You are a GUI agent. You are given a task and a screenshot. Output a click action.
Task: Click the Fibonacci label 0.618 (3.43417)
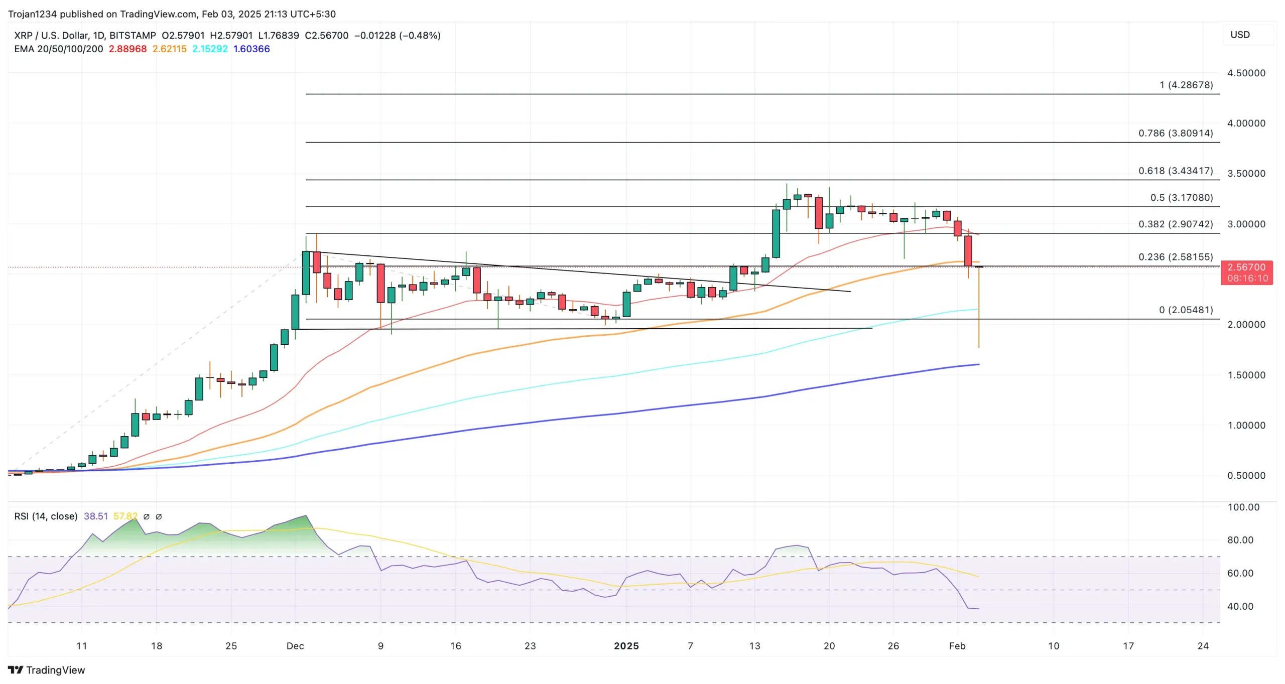[1175, 171]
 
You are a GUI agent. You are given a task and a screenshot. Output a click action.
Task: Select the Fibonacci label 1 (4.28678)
[1186, 85]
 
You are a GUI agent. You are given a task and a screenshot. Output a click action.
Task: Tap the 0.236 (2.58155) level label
[1175, 257]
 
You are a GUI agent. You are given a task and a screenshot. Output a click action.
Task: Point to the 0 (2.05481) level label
[1186, 310]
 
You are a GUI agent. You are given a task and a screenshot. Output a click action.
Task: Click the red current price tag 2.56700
[1246, 267]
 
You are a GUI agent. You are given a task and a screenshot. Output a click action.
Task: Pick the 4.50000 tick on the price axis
[1246, 73]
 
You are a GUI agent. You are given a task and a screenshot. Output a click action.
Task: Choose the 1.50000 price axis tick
[1246, 375]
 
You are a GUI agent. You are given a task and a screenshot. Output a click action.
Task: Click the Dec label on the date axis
[295, 646]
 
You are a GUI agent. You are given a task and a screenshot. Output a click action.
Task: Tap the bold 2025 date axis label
[626, 646]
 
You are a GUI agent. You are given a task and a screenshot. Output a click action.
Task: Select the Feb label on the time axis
[957, 646]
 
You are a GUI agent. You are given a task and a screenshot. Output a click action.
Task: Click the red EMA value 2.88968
[127, 49]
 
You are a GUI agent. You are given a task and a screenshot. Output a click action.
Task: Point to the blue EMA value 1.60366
[251, 49]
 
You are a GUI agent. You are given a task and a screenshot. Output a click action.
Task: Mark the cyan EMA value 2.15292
[210, 49]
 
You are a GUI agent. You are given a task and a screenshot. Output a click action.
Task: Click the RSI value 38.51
[95, 516]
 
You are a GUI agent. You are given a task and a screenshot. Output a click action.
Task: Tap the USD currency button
[1240, 35]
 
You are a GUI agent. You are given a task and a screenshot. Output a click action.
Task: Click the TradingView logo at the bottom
[47, 670]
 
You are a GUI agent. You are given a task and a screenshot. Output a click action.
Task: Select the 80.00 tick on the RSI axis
[1240, 540]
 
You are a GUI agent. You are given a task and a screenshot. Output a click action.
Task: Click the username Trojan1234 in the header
[33, 14]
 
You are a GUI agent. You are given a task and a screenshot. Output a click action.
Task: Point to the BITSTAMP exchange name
[133, 35]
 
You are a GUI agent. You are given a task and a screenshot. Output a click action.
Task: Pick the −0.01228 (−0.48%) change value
[397, 35]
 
